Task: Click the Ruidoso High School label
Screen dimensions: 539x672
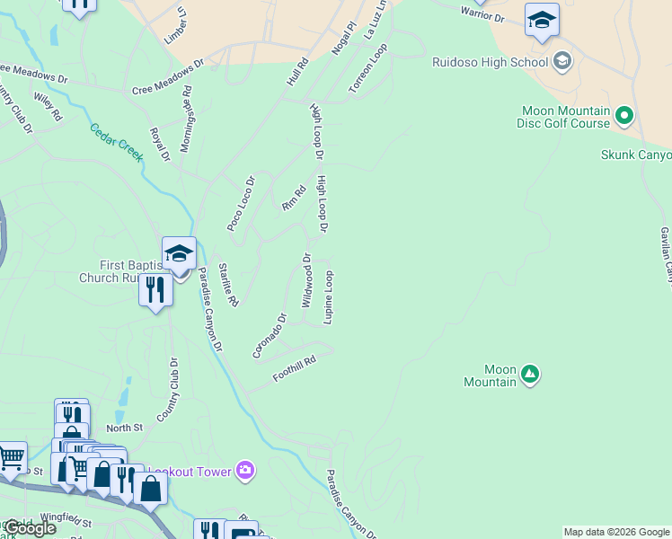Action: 490,62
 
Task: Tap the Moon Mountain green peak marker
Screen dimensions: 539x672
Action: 530,373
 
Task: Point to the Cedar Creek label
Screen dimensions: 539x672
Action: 116,142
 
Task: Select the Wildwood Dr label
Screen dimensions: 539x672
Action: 306,280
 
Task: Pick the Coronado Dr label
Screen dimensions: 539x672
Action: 269,335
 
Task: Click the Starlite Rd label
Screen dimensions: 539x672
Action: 228,285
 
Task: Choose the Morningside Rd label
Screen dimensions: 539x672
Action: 187,119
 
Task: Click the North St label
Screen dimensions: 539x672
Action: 125,429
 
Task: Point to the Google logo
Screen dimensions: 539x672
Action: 29,527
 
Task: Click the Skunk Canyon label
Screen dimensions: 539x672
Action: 635,155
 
